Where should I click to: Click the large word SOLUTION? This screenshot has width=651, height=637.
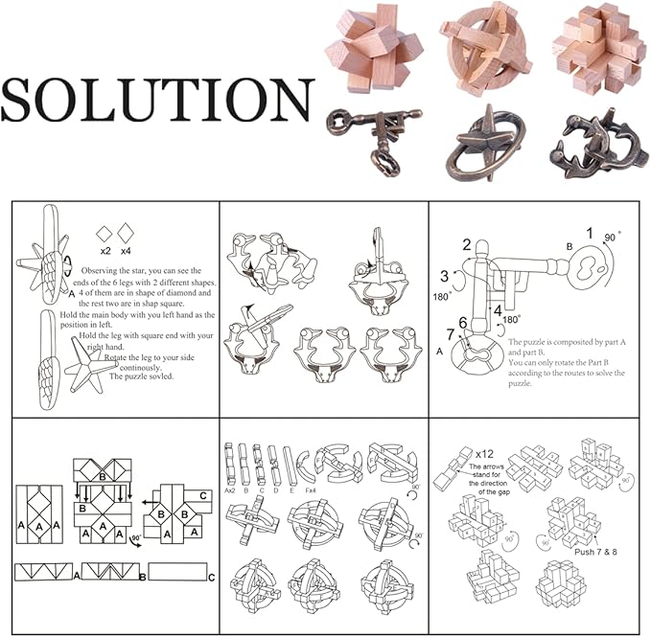point(157,100)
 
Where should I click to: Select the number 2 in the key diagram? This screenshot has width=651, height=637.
point(467,245)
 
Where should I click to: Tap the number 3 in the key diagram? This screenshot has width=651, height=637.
point(445,277)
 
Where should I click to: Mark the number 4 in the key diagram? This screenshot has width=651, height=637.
point(498,309)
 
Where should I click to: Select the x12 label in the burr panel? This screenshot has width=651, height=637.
point(486,451)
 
